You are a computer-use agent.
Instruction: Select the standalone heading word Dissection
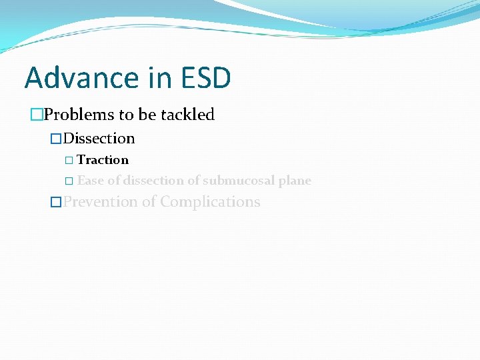99,139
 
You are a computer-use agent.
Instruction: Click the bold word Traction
103,160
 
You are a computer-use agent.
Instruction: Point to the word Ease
90,181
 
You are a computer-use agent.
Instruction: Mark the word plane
295,181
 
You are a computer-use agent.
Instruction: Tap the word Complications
210,202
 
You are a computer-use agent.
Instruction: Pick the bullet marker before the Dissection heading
57,139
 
